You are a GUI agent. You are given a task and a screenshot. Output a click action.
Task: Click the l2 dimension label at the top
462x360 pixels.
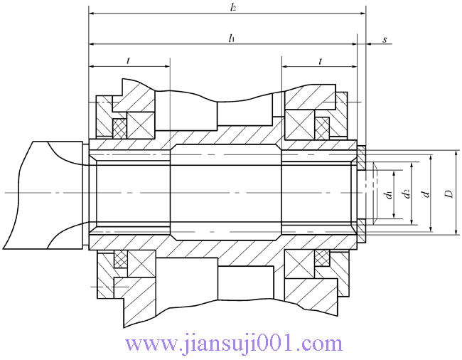coord(232,7)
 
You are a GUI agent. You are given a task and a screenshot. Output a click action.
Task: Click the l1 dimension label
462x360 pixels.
coord(231,38)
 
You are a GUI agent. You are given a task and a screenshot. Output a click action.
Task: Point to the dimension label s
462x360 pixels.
coord(385,40)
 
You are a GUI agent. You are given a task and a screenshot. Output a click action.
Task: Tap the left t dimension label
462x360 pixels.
coord(128,61)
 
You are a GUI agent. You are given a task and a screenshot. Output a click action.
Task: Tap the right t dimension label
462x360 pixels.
coord(320,61)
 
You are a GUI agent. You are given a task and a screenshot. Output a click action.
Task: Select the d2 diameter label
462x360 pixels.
coord(406,194)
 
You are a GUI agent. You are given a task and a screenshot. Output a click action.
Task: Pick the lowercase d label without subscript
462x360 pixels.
coord(425,194)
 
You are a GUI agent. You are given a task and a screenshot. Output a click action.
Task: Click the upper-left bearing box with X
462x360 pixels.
coord(141,125)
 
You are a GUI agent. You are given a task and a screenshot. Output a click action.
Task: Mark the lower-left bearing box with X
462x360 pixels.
coord(141,263)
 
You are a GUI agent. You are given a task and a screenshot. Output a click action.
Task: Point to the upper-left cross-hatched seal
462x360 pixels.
coord(120,128)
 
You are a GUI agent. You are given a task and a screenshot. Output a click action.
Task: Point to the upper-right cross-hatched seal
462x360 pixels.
coord(323,128)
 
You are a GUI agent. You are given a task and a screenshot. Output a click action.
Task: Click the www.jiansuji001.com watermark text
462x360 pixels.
coord(234,344)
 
